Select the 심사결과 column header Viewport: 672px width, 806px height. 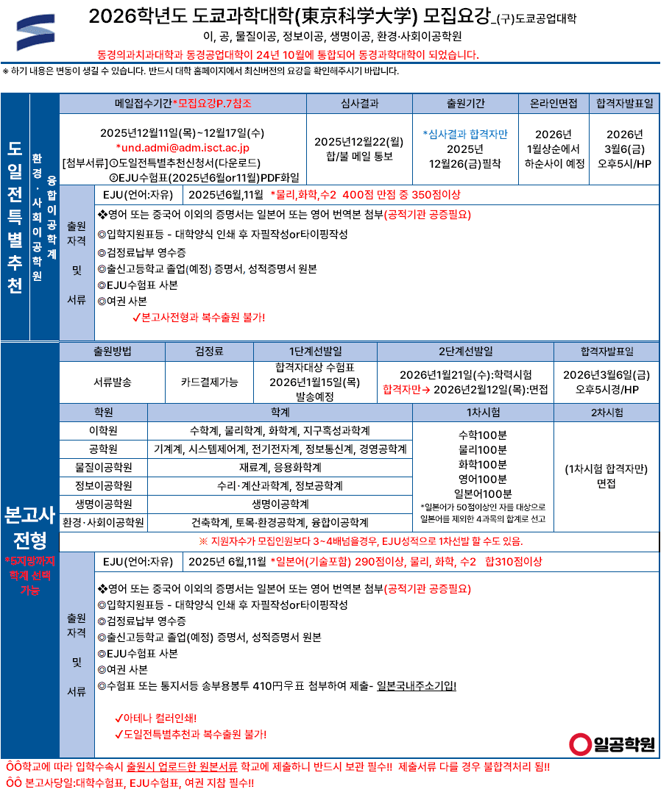[x=359, y=104]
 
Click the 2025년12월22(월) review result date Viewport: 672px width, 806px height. [x=359, y=141]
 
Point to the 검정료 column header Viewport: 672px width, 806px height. [x=210, y=351]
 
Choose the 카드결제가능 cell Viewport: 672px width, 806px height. [x=210, y=382]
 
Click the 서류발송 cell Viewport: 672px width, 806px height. [x=113, y=382]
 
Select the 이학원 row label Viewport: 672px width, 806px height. [x=103, y=430]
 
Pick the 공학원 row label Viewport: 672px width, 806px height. [x=103, y=449]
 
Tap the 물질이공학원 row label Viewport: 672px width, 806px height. [x=103, y=467]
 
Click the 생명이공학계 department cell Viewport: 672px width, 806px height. [x=280, y=504]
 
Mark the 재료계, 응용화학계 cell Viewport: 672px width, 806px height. [x=280, y=467]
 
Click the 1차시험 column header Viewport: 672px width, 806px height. [x=483, y=412]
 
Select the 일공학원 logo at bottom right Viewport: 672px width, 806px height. [x=613, y=744]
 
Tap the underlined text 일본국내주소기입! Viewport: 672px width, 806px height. [x=417, y=686]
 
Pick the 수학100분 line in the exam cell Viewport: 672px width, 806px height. [x=483, y=435]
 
